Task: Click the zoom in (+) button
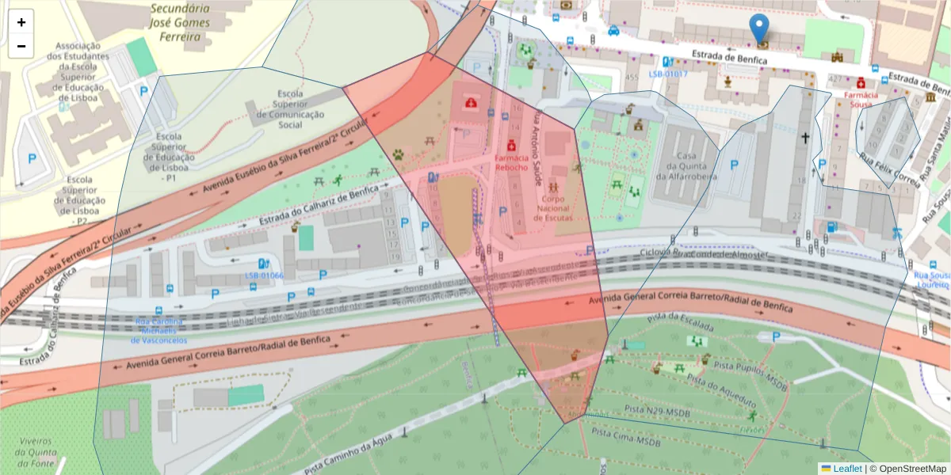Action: [x=21, y=23]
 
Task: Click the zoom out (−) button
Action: [x=21, y=47]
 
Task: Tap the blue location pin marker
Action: [x=759, y=28]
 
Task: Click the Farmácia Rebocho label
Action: [x=511, y=162]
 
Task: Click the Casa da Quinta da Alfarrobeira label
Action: [x=691, y=166]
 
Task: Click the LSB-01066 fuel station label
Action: [x=264, y=275]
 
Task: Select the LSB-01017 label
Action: [x=668, y=74]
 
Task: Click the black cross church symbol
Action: [x=805, y=139]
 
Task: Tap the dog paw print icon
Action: [x=398, y=155]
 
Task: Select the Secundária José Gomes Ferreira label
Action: [x=181, y=17]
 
